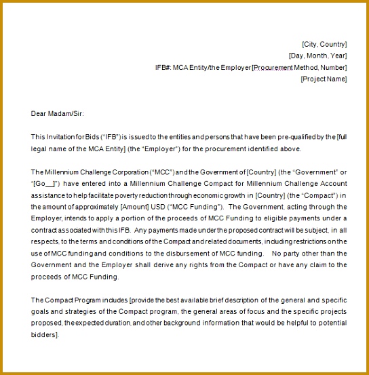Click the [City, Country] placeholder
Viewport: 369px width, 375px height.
pos(324,44)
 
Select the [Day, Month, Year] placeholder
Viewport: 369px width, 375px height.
pos(317,56)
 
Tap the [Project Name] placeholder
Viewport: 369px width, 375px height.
pos(324,79)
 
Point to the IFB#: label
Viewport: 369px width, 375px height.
pos(163,67)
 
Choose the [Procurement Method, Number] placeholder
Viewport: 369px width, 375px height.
pos(299,67)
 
